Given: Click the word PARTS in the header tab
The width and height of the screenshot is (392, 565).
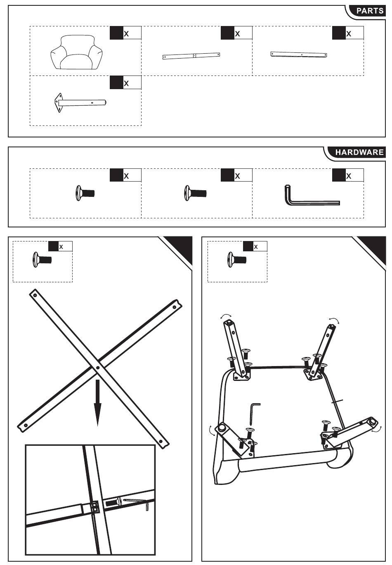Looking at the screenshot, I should coord(370,11).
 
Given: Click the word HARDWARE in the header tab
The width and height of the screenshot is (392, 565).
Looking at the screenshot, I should coord(359,152).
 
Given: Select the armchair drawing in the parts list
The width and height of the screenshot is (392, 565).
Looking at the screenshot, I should coord(76,52).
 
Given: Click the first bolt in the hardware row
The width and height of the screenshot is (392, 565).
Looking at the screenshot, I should coord(85,193).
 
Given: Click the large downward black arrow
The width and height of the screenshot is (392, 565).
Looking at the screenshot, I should coord(97,402).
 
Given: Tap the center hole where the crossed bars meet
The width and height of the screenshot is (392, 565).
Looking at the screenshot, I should coord(98,367).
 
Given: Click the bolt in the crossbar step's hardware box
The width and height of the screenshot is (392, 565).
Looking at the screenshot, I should coord(42,260).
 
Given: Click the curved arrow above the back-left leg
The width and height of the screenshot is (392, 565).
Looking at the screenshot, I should coord(226,316).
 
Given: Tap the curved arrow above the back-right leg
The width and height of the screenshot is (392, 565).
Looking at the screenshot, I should coord(333,320).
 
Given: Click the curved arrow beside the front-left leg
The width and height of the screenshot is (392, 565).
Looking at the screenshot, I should coord(212,430).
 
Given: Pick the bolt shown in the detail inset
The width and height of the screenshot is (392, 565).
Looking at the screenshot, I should coord(113,503).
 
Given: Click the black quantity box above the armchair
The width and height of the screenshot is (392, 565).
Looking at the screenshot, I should coord(116,33).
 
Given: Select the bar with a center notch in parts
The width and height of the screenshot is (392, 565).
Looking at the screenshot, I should coord(191,56).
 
